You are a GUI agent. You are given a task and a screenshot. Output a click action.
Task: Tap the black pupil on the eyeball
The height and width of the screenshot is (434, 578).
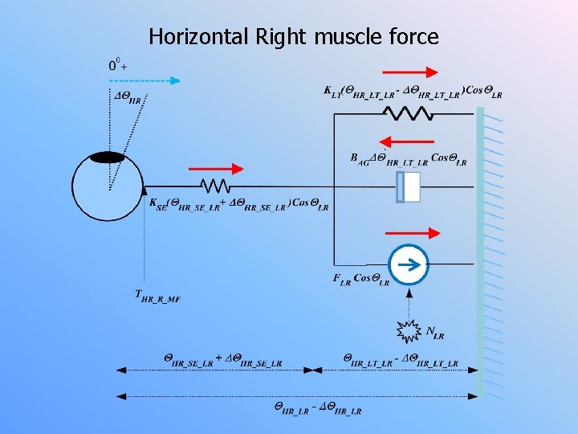click(x=107, y=158)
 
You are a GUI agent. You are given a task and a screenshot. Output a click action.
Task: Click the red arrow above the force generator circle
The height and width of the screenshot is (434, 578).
click(x=413, y=233)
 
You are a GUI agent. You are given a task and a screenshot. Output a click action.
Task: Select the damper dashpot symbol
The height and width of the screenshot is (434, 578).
click(x=409, y=186)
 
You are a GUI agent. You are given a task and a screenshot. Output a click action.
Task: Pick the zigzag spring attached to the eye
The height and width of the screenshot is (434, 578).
click(x=215, y=186)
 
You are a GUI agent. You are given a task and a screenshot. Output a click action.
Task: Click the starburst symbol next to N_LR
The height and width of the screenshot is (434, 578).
click(x=409, y=330)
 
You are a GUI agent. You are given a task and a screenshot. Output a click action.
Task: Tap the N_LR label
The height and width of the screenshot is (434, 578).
click(x=434, y=332)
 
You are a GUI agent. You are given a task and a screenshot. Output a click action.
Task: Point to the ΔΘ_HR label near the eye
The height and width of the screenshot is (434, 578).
click(x=128, y=99)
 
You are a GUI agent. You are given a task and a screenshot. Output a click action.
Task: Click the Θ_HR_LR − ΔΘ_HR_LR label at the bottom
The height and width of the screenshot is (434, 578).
click(x=318, y=408)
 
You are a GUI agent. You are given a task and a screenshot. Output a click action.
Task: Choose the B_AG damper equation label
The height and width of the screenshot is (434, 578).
click(x=408, y=159)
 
